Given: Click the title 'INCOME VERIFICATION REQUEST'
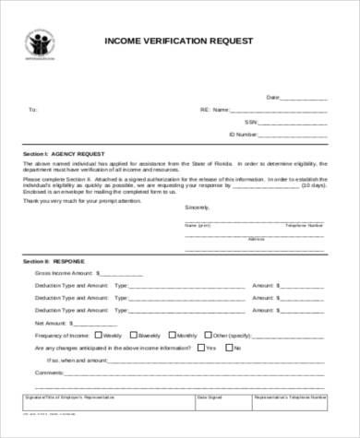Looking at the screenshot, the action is click(181, 42).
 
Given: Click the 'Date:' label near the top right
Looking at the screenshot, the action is click(273, 97).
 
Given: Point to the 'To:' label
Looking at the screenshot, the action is click(33, 109).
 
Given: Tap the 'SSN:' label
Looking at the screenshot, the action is click(250, 121).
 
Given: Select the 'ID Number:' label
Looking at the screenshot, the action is click(243, 134).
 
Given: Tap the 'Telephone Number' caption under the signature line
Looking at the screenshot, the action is click(304, 224).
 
